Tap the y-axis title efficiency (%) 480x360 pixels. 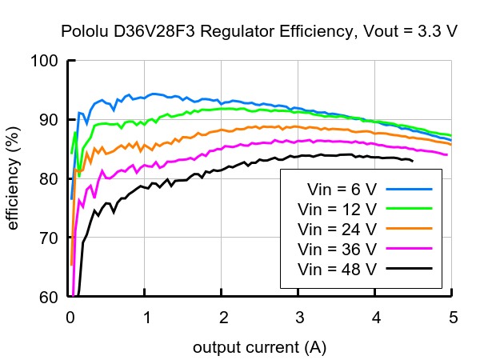coord(13,178)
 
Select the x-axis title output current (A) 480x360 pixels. coord(259,348)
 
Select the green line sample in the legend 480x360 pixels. coord(409,210)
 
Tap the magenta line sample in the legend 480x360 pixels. coord(409,249)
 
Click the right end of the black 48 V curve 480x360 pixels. coord(413,162)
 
